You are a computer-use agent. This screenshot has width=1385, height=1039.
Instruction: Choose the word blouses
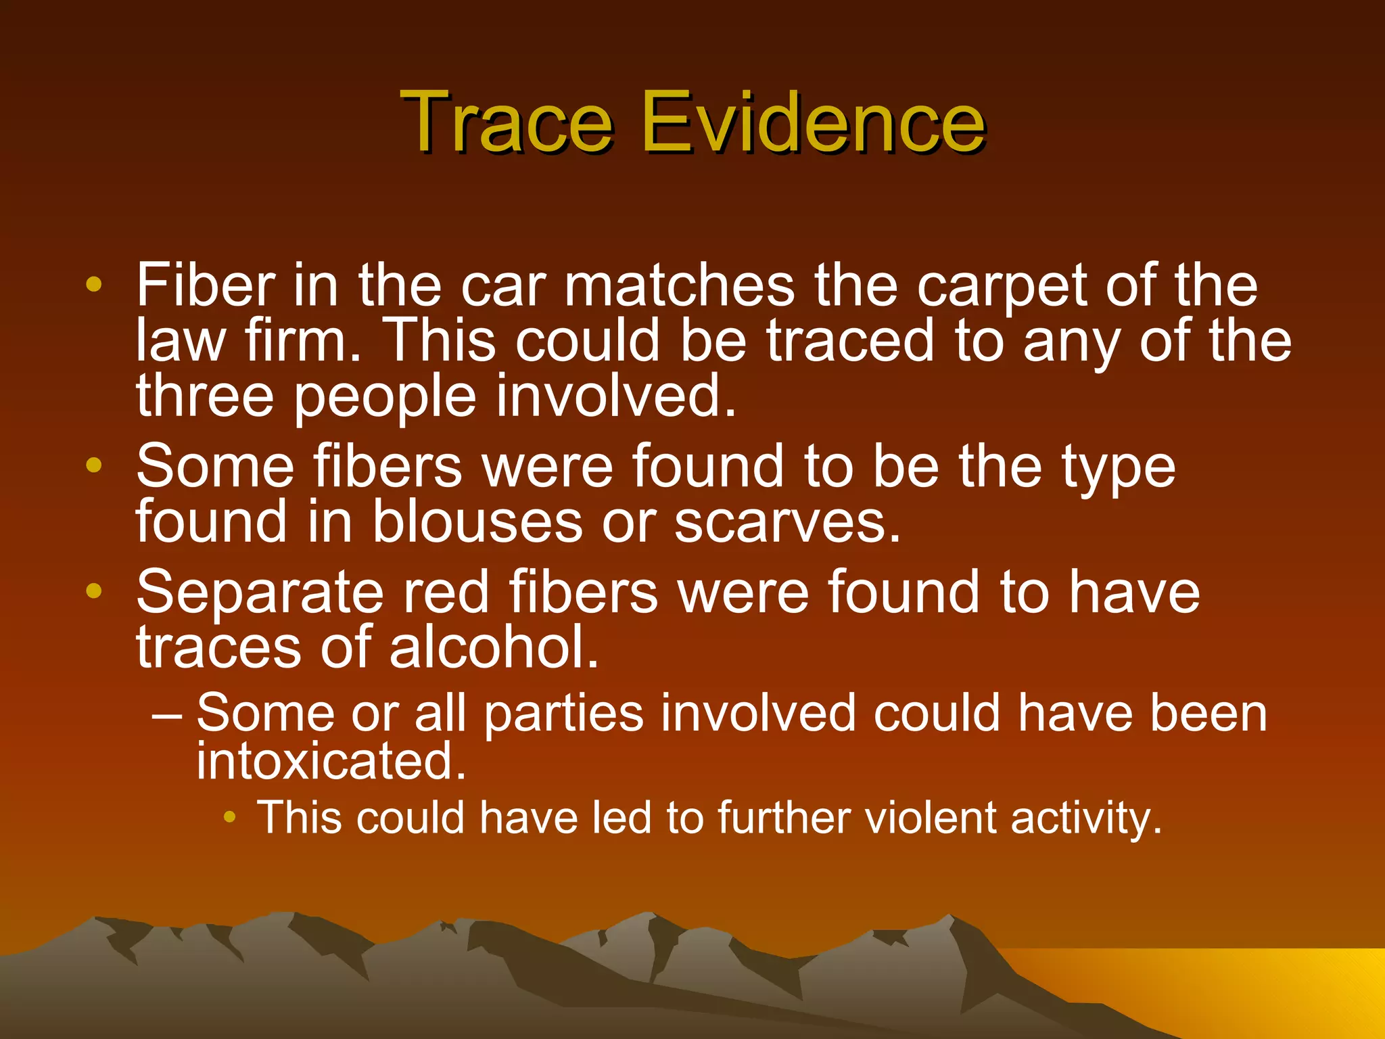click(477, 522)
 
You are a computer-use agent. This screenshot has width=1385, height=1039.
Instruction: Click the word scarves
click(788, 522)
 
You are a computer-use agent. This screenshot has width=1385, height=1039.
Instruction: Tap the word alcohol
click(494, 647)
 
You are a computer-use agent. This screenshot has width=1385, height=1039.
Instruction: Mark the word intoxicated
click(331, 761)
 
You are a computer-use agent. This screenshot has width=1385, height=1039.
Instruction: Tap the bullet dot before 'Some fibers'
click(94, 465)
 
